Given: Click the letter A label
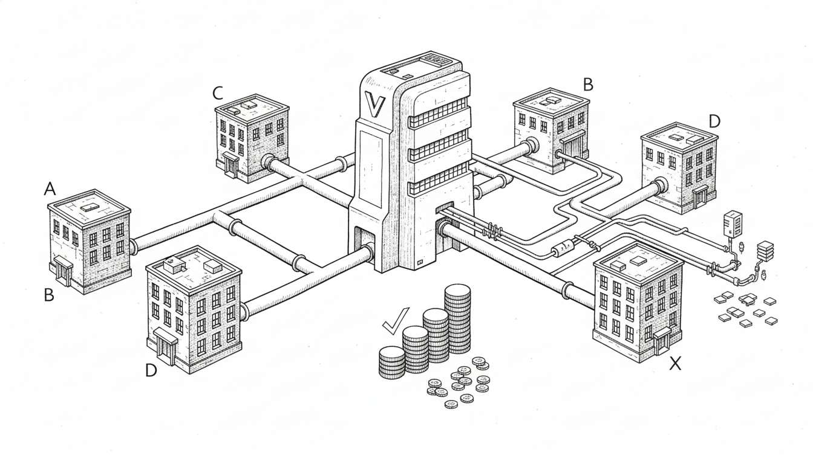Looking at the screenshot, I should (50, 189).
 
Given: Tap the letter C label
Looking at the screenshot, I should (218, 93).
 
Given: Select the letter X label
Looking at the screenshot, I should (675, 363).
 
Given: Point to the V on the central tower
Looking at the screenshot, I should (373, 105).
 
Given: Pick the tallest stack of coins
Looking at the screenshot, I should (457, 318).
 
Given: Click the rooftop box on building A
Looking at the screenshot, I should (89, 207).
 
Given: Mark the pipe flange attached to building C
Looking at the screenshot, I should (267, 162).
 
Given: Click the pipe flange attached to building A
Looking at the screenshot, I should (132, 245).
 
